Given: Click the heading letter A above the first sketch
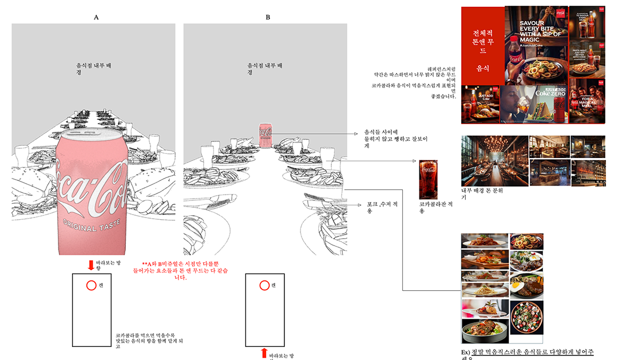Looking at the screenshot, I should tap(96, 17).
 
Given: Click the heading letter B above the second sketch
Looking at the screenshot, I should tap(268, 17).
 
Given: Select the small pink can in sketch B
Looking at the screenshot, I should tap(266, 136).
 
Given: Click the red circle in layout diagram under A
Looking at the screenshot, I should tap(92, 285).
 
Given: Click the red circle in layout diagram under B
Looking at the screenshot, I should tap(264, 285).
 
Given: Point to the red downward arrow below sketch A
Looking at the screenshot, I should tap(91, 265).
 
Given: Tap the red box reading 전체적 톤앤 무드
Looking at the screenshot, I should tap(482, 46).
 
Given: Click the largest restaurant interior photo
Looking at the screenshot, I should tap(493, 160).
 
